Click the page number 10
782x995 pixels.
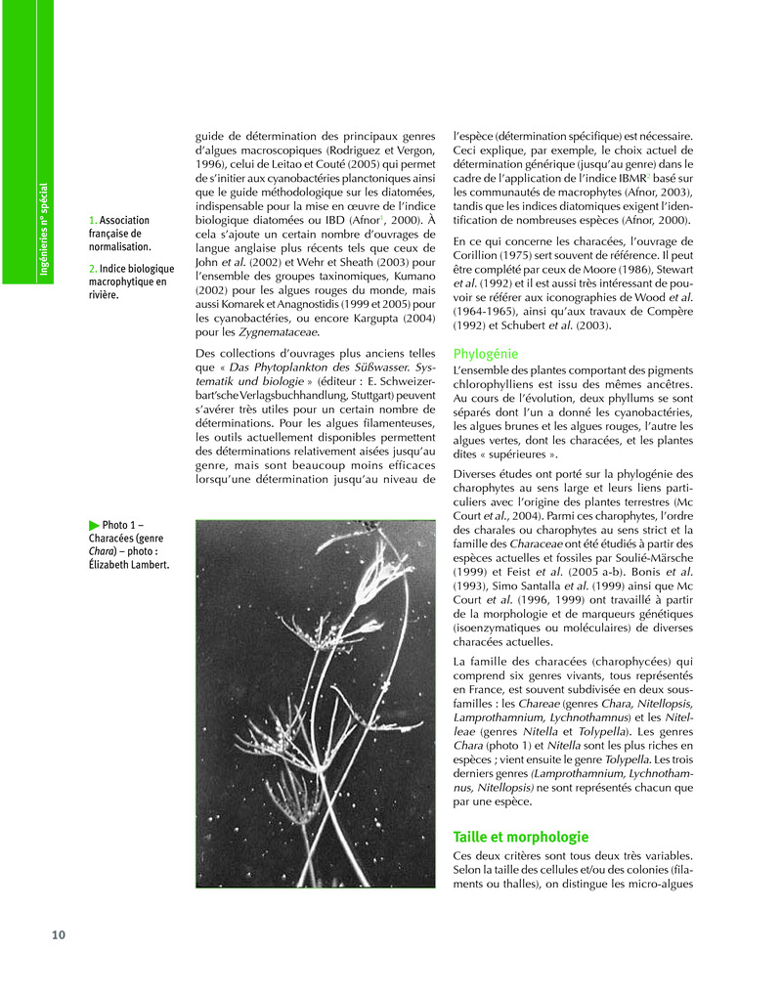(59, 935)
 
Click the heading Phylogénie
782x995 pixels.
(486, 354)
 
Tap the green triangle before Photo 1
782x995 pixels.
(94, 525)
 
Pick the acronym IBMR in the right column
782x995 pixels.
(627, 179)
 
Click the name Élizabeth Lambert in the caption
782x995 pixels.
(128, 566)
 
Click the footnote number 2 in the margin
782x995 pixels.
(92, 268)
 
